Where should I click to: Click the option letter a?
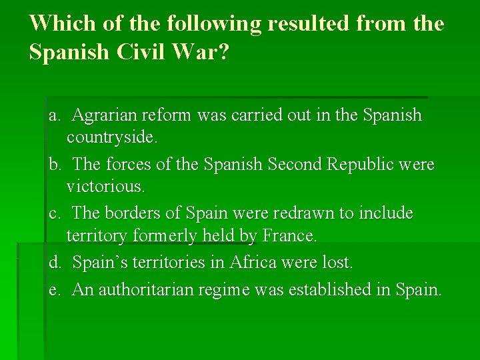(x=54, y=115)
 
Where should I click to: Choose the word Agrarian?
(x=103, y=115)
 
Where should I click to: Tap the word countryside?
(x=113, y=138)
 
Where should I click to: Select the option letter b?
(x=54, y=164)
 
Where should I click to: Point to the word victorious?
(x=105, y=187)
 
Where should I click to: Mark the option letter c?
(x=54, y=213)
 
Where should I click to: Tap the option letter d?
(x=54, y=263)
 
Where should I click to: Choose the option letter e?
(x=54, y=289)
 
